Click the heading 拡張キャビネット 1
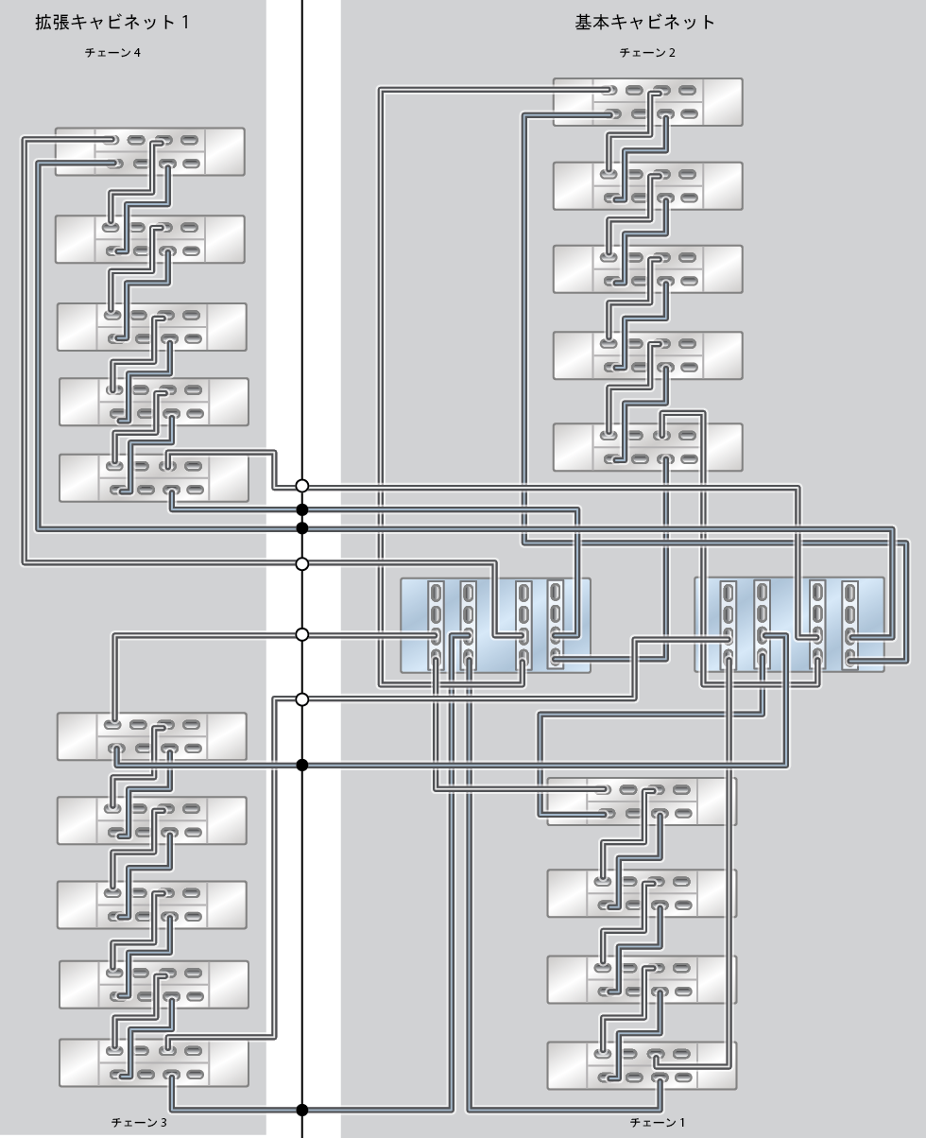(112, 23)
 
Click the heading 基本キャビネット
(645, 23)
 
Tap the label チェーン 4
(112, 53)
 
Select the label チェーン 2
(647, 53)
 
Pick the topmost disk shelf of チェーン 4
(150, 152)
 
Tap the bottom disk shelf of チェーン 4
(154, 478)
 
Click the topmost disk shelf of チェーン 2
(647, 102)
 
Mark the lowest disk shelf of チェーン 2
(647, 447)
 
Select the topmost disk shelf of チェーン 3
(152, 736)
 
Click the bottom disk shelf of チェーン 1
(642, 1064)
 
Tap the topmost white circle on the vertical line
(302, 486)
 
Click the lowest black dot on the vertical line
(302, 1110)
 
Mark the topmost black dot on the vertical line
(302, 510)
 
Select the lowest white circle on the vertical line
(302, 699)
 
